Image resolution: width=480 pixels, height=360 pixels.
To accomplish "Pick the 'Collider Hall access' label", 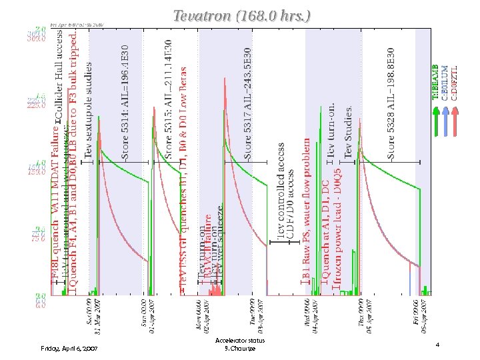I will (x=59, y=76).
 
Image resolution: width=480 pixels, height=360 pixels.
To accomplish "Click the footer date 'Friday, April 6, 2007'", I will (x=69, y=348).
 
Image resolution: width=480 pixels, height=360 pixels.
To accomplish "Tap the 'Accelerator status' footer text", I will (x=240, y=340).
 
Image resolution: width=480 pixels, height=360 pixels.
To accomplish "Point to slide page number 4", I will (x=437, y=345).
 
